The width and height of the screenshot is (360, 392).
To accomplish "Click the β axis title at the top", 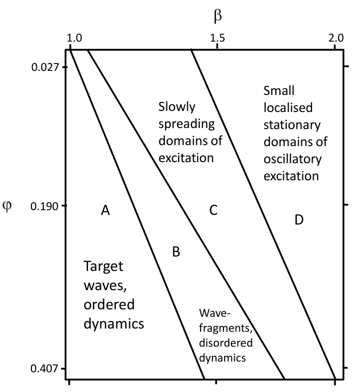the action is click(218, 17).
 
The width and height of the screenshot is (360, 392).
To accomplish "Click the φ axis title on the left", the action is click(7, 206).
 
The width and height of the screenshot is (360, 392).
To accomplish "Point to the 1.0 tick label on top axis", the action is click(74, 38).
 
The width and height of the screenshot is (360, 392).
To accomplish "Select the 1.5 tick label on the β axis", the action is click(217, 38).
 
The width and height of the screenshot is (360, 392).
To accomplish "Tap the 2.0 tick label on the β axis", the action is click(336, 38).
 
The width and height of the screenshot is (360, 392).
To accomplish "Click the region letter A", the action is click(105, 210).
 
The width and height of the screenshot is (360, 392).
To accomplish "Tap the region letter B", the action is click(176, 252).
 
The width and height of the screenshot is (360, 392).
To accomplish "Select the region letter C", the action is click(213, 210).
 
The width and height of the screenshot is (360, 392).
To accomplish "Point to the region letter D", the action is click(299, 220).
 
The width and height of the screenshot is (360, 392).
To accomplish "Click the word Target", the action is click(103, 267).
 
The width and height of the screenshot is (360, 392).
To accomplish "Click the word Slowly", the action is click(177, 108).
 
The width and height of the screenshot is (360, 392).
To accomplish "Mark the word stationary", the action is click(292, 125).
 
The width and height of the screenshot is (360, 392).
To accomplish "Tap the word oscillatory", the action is click(292, 159).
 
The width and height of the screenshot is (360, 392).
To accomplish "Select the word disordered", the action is click(226, 342).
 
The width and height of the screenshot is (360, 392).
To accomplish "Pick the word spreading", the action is click(187, 124).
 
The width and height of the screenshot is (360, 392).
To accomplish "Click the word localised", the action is click(288, 108).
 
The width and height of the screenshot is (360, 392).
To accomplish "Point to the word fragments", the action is click(226, 328).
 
